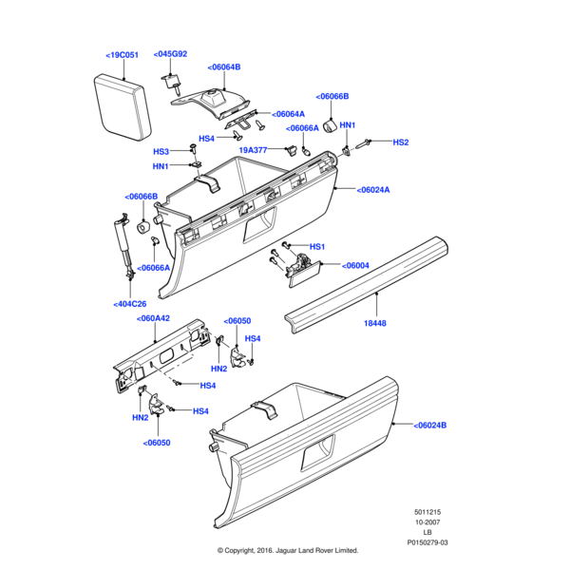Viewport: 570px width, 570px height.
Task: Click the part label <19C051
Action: click(x=123, y=55)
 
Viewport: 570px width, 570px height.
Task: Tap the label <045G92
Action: click(x=170, y=54)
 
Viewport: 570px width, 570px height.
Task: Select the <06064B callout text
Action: click(x=224, y=66)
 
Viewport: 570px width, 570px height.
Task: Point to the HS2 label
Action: click(x=401, y=142)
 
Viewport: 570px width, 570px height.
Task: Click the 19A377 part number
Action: click(x=253, y=150)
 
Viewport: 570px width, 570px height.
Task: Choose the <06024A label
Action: click(x=373, y=190)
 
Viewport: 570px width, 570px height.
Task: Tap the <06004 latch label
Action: click(x=355, y=265)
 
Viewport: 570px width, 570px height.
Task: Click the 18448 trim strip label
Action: click(x=375, y=323)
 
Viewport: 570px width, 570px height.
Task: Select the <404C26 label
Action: click(x=130, y=304)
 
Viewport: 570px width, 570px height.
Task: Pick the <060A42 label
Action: click(x=153, y=318)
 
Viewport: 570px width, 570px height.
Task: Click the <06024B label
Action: click(x=429, y=425)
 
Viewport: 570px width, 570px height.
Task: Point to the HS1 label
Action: click(x=317, y=247)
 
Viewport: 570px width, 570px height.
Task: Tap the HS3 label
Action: click(x=161, y=152)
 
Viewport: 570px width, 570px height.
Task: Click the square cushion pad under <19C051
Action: click(x=123, y=107)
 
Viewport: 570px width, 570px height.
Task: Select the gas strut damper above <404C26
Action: click(x=123, y=246)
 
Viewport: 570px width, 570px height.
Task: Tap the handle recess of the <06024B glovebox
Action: click(x=317, y=451)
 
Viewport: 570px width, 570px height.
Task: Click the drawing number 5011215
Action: click(x=427, y=512)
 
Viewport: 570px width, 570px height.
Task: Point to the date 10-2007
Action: click(x=427, y=522)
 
